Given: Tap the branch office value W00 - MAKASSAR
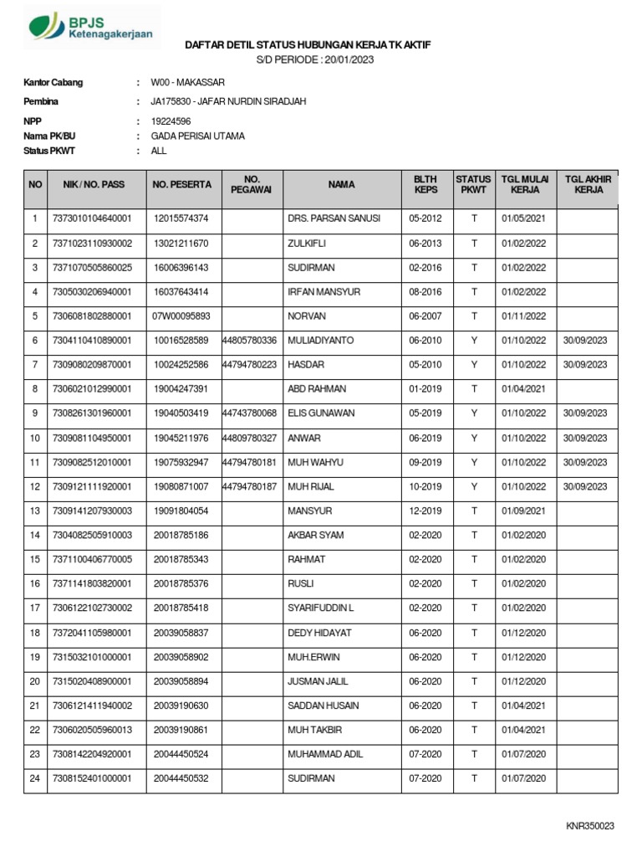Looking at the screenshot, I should (187, 83).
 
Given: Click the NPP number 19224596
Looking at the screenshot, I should (171, 121).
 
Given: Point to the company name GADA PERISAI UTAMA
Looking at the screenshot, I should (197, 136).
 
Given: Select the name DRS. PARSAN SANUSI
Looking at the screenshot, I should (334, 218).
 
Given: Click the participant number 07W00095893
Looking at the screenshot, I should (181, 316).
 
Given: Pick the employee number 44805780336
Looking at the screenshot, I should (250, 341).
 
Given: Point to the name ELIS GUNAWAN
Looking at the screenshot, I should (321, 413).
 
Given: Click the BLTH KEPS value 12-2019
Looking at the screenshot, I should (425, 511).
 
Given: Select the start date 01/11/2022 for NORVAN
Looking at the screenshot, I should (523, 316).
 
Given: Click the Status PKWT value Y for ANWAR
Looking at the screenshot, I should (473, 438).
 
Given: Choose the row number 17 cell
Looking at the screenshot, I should (35, 608).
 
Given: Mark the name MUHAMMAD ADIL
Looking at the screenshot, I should (325, 754).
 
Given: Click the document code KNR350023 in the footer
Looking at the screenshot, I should (589, 826).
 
